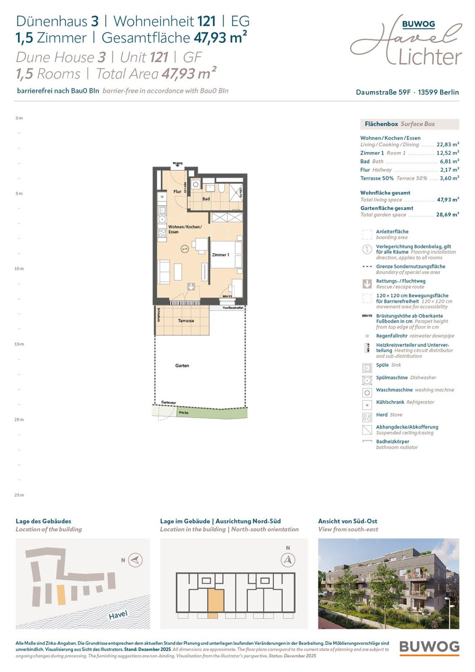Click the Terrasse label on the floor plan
tap(186, 321)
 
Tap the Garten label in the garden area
tap(182, 366)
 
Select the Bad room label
tap(206, 199)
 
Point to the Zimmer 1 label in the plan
tap(220, 255)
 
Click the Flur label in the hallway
tap(177, 192)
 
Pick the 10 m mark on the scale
tap(19, 269)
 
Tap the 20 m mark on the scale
tap(19, 420)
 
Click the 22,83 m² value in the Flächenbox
tap(448, 145)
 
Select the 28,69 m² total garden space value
tap(447, 215)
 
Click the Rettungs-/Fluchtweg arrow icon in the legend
tap(367, 284)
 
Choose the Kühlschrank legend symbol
tap(367, 405)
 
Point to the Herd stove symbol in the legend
tap(367, 417)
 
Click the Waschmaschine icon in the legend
tap(367, 393)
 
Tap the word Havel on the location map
tap(118, 615)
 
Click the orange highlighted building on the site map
tap(61, 595)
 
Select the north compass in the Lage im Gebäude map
tap(288, 560)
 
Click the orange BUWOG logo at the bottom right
tap(429, 647)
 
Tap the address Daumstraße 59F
tap(383, 92)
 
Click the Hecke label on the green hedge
tap(183, 412)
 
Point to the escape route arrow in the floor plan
tap(191, 286)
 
